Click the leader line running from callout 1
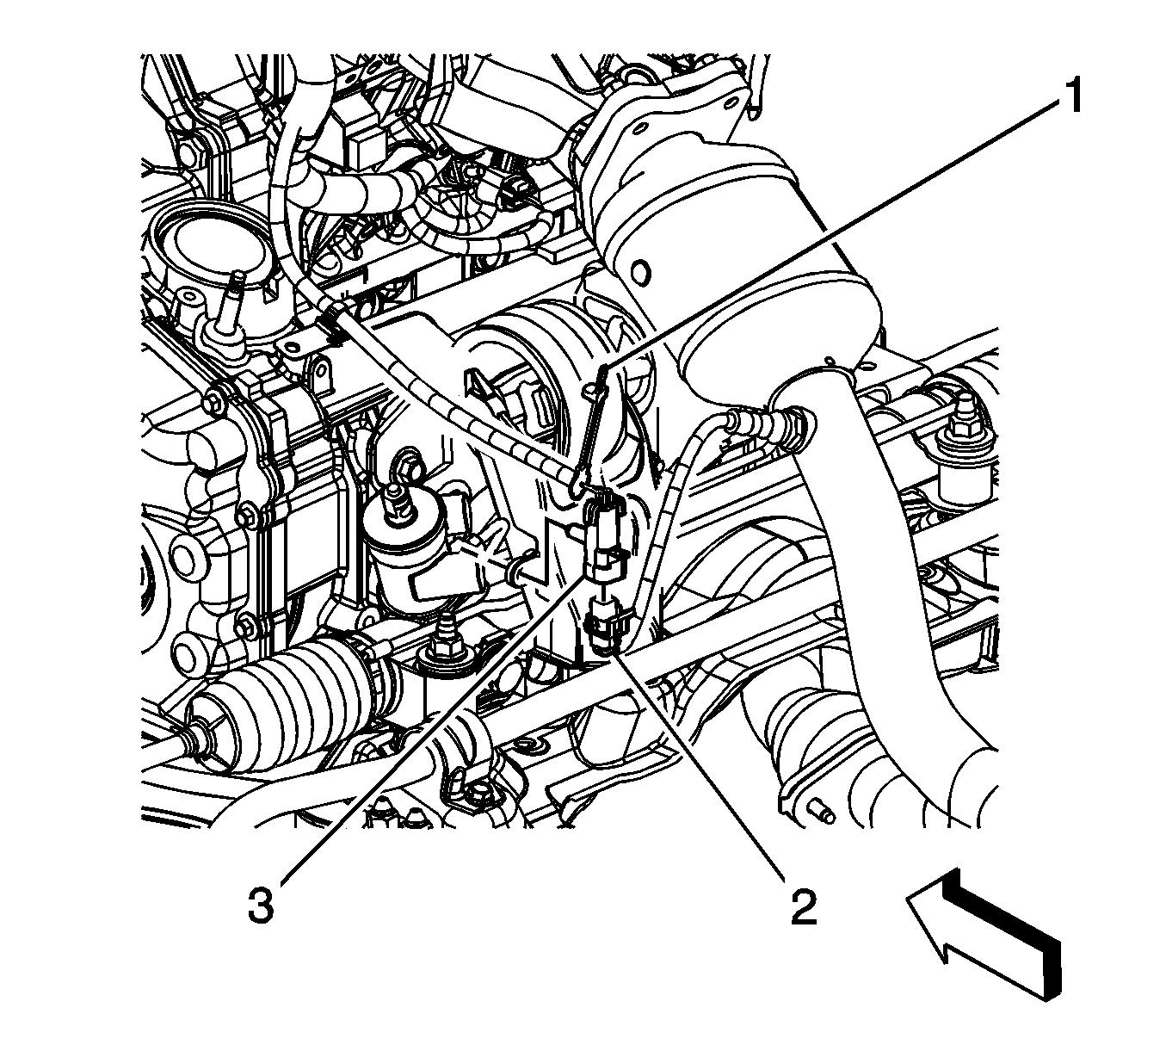coord(830,232)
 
